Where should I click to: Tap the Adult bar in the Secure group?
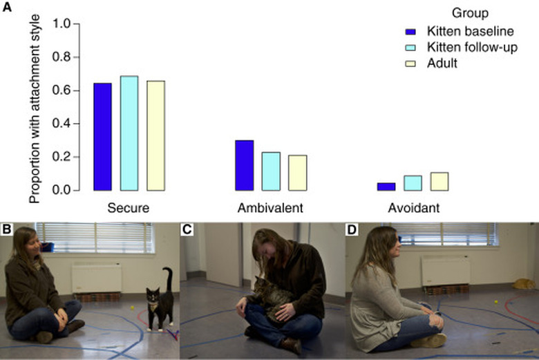155,135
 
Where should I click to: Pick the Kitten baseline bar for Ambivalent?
244,165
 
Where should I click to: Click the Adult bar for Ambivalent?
297,173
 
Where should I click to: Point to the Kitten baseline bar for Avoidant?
386,187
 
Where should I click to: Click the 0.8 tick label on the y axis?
62,57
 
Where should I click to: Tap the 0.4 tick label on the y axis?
62,124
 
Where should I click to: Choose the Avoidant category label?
413,207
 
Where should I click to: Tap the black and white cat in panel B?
161,299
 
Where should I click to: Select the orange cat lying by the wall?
523,283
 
